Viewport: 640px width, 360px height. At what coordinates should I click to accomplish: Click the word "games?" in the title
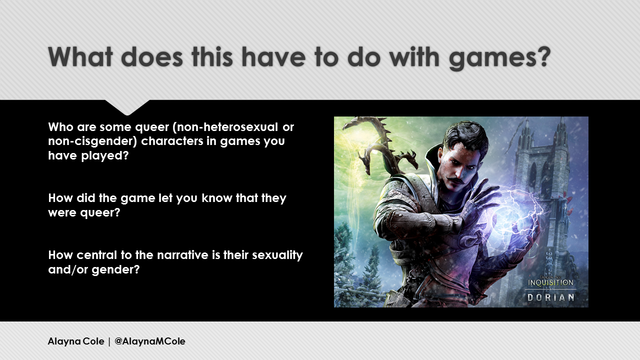coord(499,57)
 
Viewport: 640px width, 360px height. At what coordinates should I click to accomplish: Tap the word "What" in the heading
coord(80,56)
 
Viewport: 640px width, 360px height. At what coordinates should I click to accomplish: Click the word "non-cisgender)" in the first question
coord(92,141)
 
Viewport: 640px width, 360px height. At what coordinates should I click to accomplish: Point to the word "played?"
coord(105,156)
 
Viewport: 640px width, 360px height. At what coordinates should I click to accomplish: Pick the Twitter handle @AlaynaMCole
coord(149,341)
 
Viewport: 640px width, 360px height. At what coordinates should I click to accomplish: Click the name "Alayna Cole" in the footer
coord(76,341)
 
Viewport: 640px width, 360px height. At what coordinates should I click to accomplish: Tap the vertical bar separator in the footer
coord(109,341)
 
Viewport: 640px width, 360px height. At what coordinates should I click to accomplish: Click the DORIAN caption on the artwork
coord(551,297)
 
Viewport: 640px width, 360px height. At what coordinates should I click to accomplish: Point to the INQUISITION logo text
coord(550,282)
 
